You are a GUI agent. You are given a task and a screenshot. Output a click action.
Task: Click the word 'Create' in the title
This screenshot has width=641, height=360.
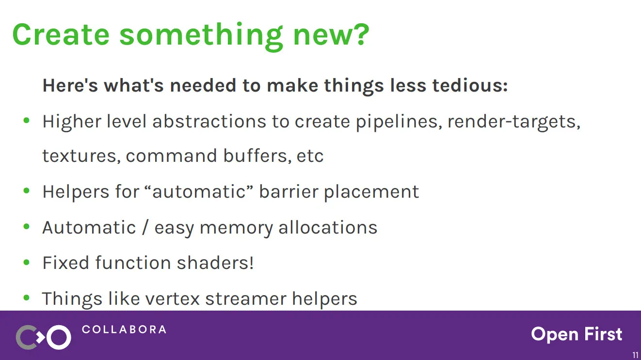(61, 34)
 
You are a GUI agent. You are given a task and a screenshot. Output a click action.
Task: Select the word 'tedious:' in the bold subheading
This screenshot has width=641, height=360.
(470, 85)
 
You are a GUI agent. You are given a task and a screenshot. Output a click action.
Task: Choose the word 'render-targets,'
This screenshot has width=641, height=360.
(514, 122)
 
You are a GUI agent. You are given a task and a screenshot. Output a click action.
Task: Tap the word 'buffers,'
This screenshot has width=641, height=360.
(257, 156)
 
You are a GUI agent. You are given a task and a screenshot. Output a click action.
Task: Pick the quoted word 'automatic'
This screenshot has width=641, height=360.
(199, 191)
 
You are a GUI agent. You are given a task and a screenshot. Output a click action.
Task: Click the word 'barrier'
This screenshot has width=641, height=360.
(288, 191)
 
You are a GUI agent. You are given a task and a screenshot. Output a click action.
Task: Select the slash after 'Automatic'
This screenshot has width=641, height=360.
(145, 227)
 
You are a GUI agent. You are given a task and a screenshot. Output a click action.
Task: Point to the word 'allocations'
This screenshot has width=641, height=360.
(328, 227)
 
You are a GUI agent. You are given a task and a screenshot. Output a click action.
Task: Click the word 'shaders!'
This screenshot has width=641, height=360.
(215, 263)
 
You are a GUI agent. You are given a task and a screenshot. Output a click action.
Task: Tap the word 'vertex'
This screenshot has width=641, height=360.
(172, 299)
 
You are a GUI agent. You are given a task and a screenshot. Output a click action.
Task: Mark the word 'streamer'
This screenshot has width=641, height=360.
(246, 299)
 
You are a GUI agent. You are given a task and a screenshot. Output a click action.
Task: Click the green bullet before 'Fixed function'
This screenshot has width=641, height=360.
(27, 263)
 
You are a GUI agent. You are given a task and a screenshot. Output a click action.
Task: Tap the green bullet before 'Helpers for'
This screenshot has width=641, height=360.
(27, 191)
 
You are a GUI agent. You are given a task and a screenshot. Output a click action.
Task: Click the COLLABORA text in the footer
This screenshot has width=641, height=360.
(124, 329)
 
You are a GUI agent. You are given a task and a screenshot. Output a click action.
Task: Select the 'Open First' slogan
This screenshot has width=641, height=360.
(577, 334)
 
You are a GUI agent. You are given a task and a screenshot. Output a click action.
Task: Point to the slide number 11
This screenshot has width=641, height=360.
(635, 355)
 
